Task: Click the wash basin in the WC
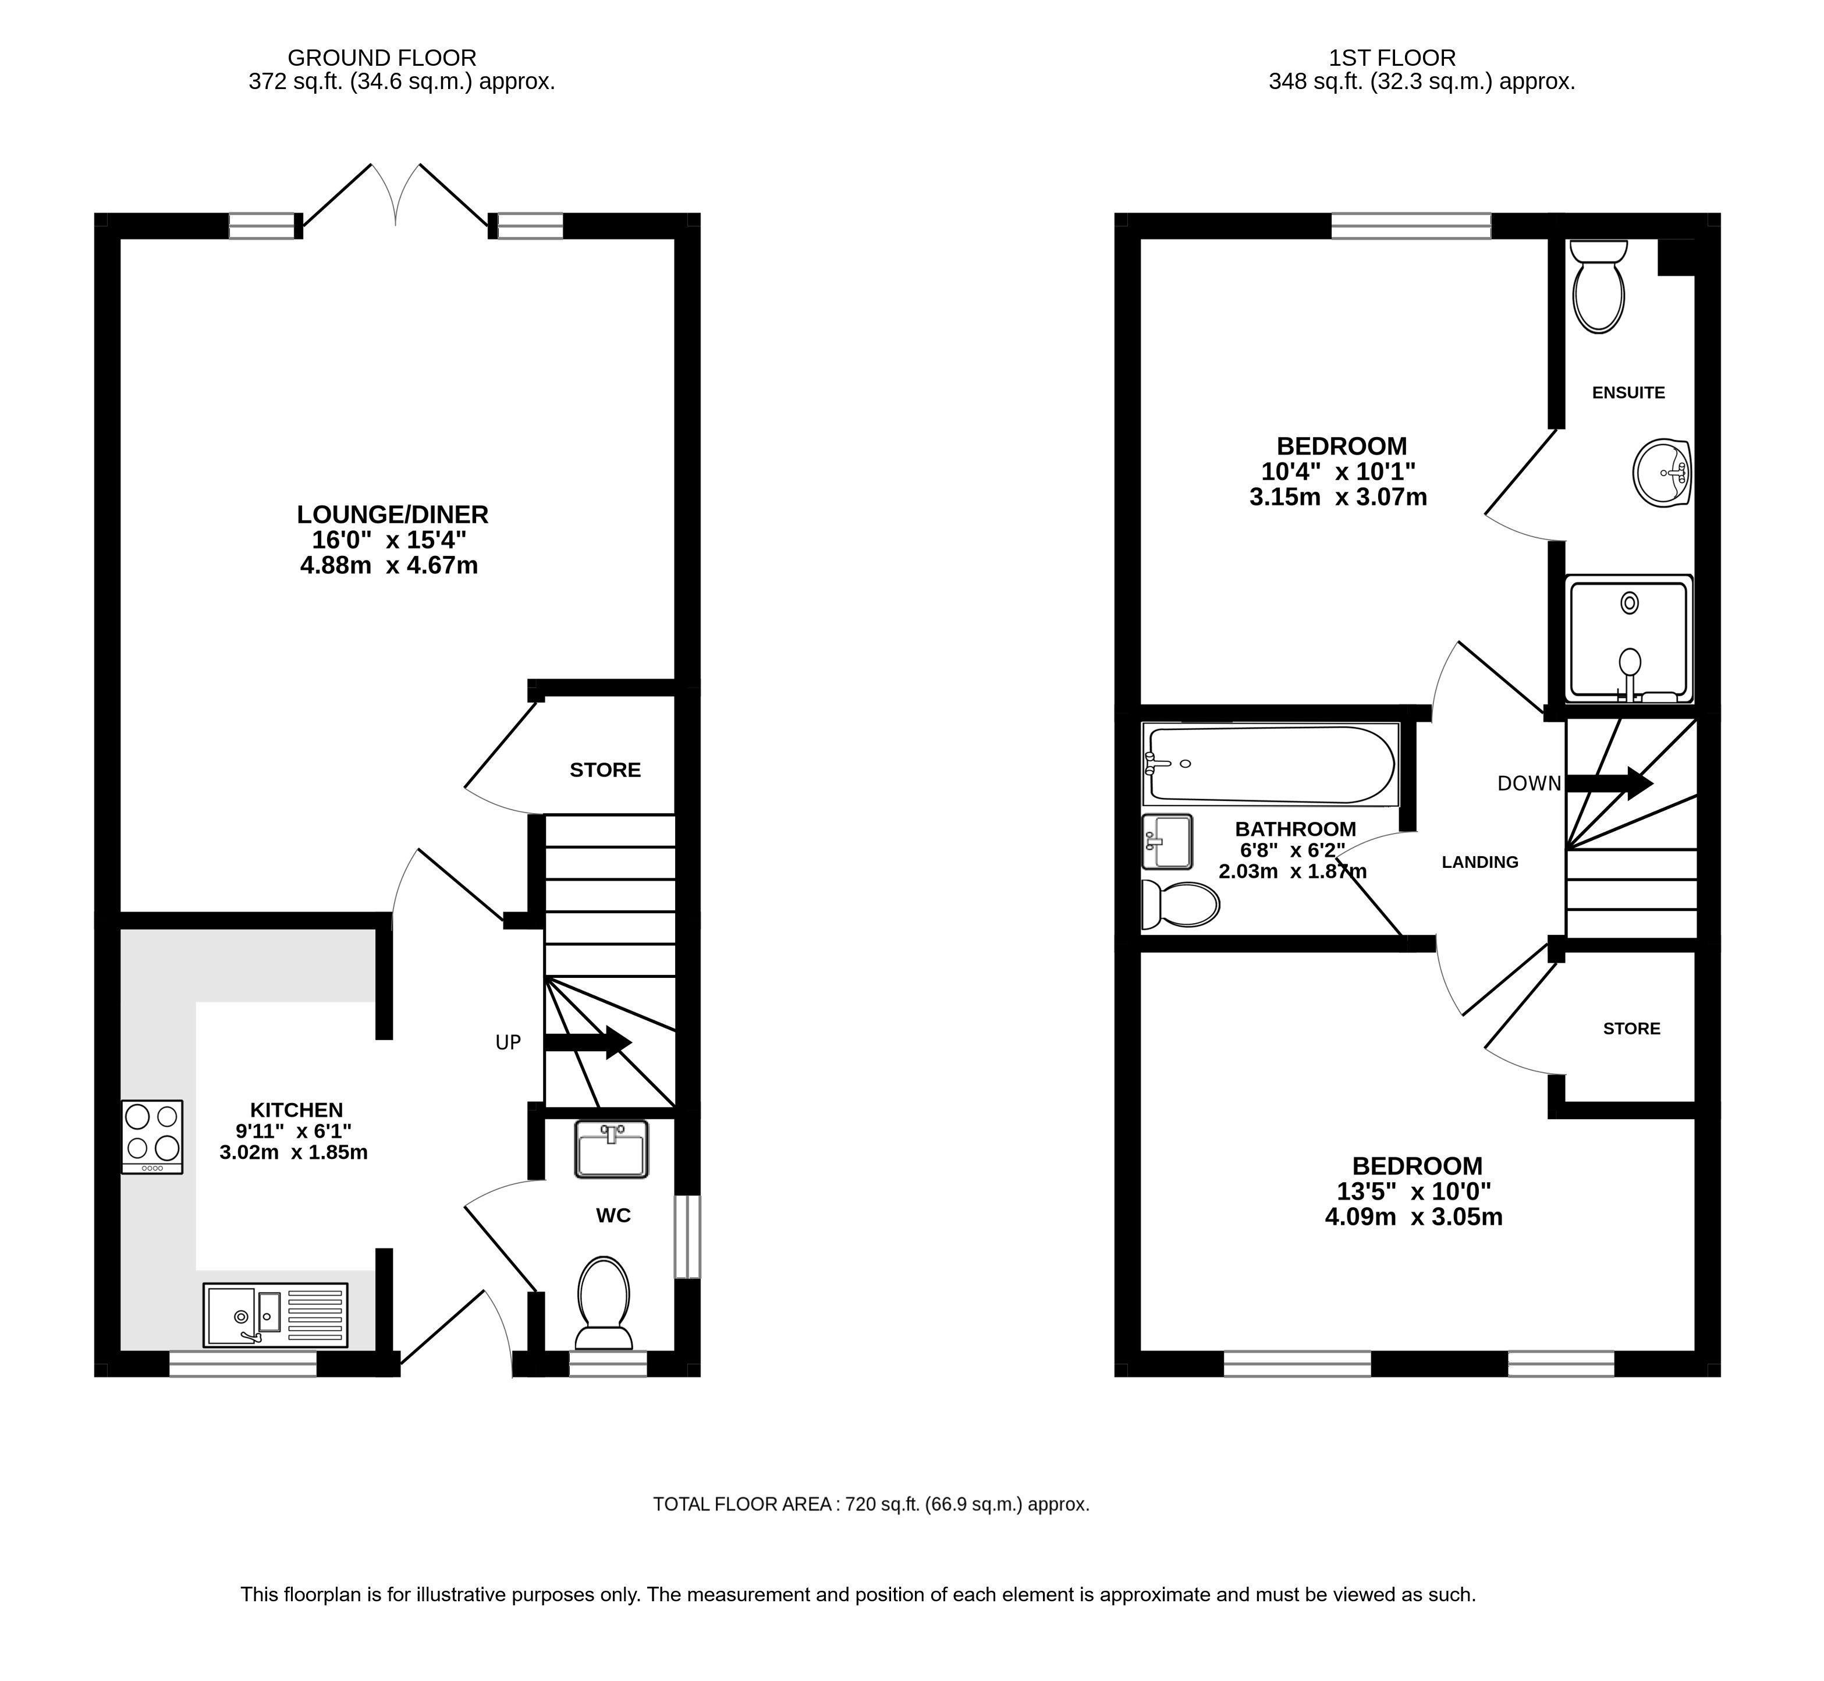611,1150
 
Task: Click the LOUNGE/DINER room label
392,515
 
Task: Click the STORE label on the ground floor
605,771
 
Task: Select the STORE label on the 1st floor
1631,1029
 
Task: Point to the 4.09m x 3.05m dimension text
1414,1217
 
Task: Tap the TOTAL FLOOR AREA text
871,1505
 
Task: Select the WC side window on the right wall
688,1237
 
